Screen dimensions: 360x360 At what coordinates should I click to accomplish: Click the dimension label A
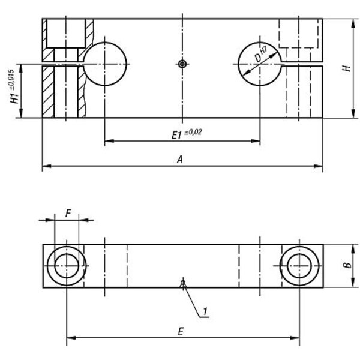[x=180, y=160]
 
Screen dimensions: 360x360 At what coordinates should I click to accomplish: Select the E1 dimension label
[x=177, y=135]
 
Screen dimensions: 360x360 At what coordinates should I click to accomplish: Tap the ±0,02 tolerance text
[x=193, y=132]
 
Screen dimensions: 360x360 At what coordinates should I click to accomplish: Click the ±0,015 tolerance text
[x=11, y=80]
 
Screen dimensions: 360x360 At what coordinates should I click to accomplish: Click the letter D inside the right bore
[x=258, y=58]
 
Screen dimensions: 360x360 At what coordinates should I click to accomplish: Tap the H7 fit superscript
[x=264, y=50]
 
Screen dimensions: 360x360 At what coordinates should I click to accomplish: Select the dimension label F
[x=68, y=213]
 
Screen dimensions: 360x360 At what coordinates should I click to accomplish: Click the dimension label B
[x=347, y=265]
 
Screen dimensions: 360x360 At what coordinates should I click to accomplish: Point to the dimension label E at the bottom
[x=181, y=332]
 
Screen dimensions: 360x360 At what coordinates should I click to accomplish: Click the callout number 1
[x=205, y=311]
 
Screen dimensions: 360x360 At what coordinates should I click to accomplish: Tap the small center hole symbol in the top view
[x=182, y=64]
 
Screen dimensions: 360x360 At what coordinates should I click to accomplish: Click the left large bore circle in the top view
[x=104, y=42]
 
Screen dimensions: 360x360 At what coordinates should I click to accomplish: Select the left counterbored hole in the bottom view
[x=67, y=247]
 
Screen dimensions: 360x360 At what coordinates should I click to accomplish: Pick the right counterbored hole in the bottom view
[x=299, y=247]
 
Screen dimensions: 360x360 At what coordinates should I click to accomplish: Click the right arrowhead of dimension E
[x=295, y=338]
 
